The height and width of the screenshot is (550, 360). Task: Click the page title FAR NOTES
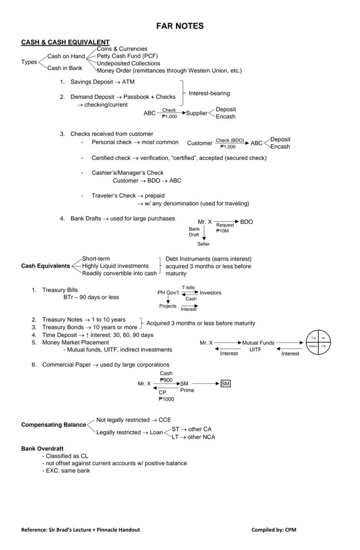click(180, 26)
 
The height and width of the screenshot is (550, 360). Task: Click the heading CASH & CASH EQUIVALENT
click(65, 42)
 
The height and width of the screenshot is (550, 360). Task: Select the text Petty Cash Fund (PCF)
click(127, 56)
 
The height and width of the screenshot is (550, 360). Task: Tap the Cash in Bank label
click(65, 68)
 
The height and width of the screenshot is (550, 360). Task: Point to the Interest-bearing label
click(209, 93)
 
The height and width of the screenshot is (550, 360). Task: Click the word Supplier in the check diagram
click(197, 113)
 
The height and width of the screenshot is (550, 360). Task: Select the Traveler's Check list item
click(128, 195)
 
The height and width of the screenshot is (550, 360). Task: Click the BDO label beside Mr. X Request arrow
click(246, 222)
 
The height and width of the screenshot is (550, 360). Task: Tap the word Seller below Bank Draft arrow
click(203, 244)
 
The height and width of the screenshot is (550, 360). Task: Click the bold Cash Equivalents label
click(45, 266)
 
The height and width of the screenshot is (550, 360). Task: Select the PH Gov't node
click(168, 293)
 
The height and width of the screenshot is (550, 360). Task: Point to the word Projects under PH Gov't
click(168, 306)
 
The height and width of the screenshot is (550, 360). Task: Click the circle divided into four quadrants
click(318, 342)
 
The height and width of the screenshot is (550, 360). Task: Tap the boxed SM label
click(225, 384)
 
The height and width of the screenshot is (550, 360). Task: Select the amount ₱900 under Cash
click(166, 380)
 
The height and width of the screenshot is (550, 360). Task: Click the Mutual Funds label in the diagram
click(258, 343)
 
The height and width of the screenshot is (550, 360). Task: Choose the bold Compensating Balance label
click(53, 425)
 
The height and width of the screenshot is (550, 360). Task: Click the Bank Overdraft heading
click(42, 448)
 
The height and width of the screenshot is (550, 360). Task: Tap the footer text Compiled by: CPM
click(273, 530)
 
